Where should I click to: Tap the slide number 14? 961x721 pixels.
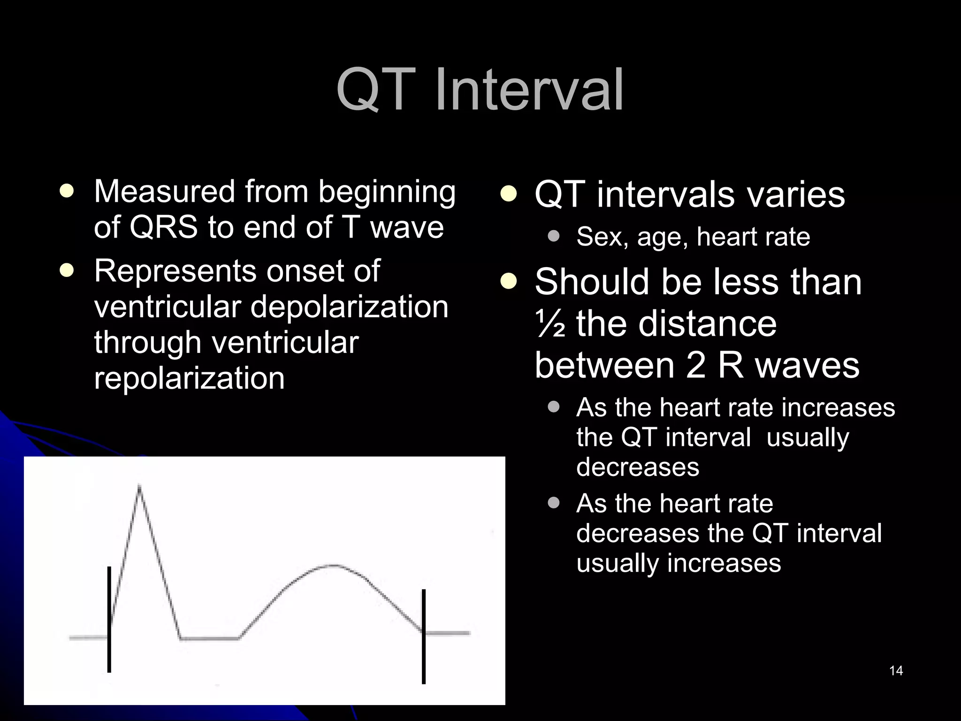click(896, 671)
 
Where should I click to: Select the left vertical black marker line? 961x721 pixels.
click(109, 620)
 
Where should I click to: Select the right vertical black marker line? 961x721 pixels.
click(423, 637)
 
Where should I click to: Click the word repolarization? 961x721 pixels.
click(189, 378)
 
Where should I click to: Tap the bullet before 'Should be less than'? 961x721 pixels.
click(508, 282)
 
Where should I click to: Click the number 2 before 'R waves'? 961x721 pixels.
click(695, 366)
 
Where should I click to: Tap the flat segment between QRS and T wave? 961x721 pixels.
click(210, 638)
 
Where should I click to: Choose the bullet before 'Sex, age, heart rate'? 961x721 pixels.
click(554, 236)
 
